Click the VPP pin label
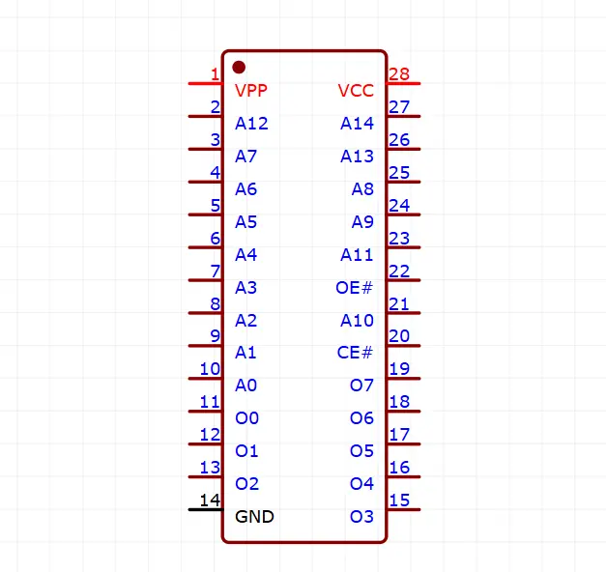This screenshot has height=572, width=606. click(251, 91)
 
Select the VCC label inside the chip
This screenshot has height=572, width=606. click(356, 91)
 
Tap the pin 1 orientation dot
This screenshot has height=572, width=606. click(239, 67)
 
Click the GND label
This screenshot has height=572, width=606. click(254, 516)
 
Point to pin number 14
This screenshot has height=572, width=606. click(210, 500)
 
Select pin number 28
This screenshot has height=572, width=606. click(398, 74)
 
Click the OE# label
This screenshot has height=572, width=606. click(354, 287)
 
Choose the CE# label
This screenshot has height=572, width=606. click(355, 353)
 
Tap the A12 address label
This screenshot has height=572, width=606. click(251, 124)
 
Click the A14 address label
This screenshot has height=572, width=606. click(357, 124)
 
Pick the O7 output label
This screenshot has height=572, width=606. click(361, 386)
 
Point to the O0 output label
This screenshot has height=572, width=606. click(247, 418)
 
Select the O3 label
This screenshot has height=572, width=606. click(361, 516)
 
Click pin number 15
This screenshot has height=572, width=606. click(398, 500)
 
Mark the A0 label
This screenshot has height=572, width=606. click(246, 386)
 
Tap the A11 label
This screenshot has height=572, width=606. click(357, 254)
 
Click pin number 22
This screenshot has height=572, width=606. click(398, 271)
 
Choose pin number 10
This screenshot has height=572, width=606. click(210, 368)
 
